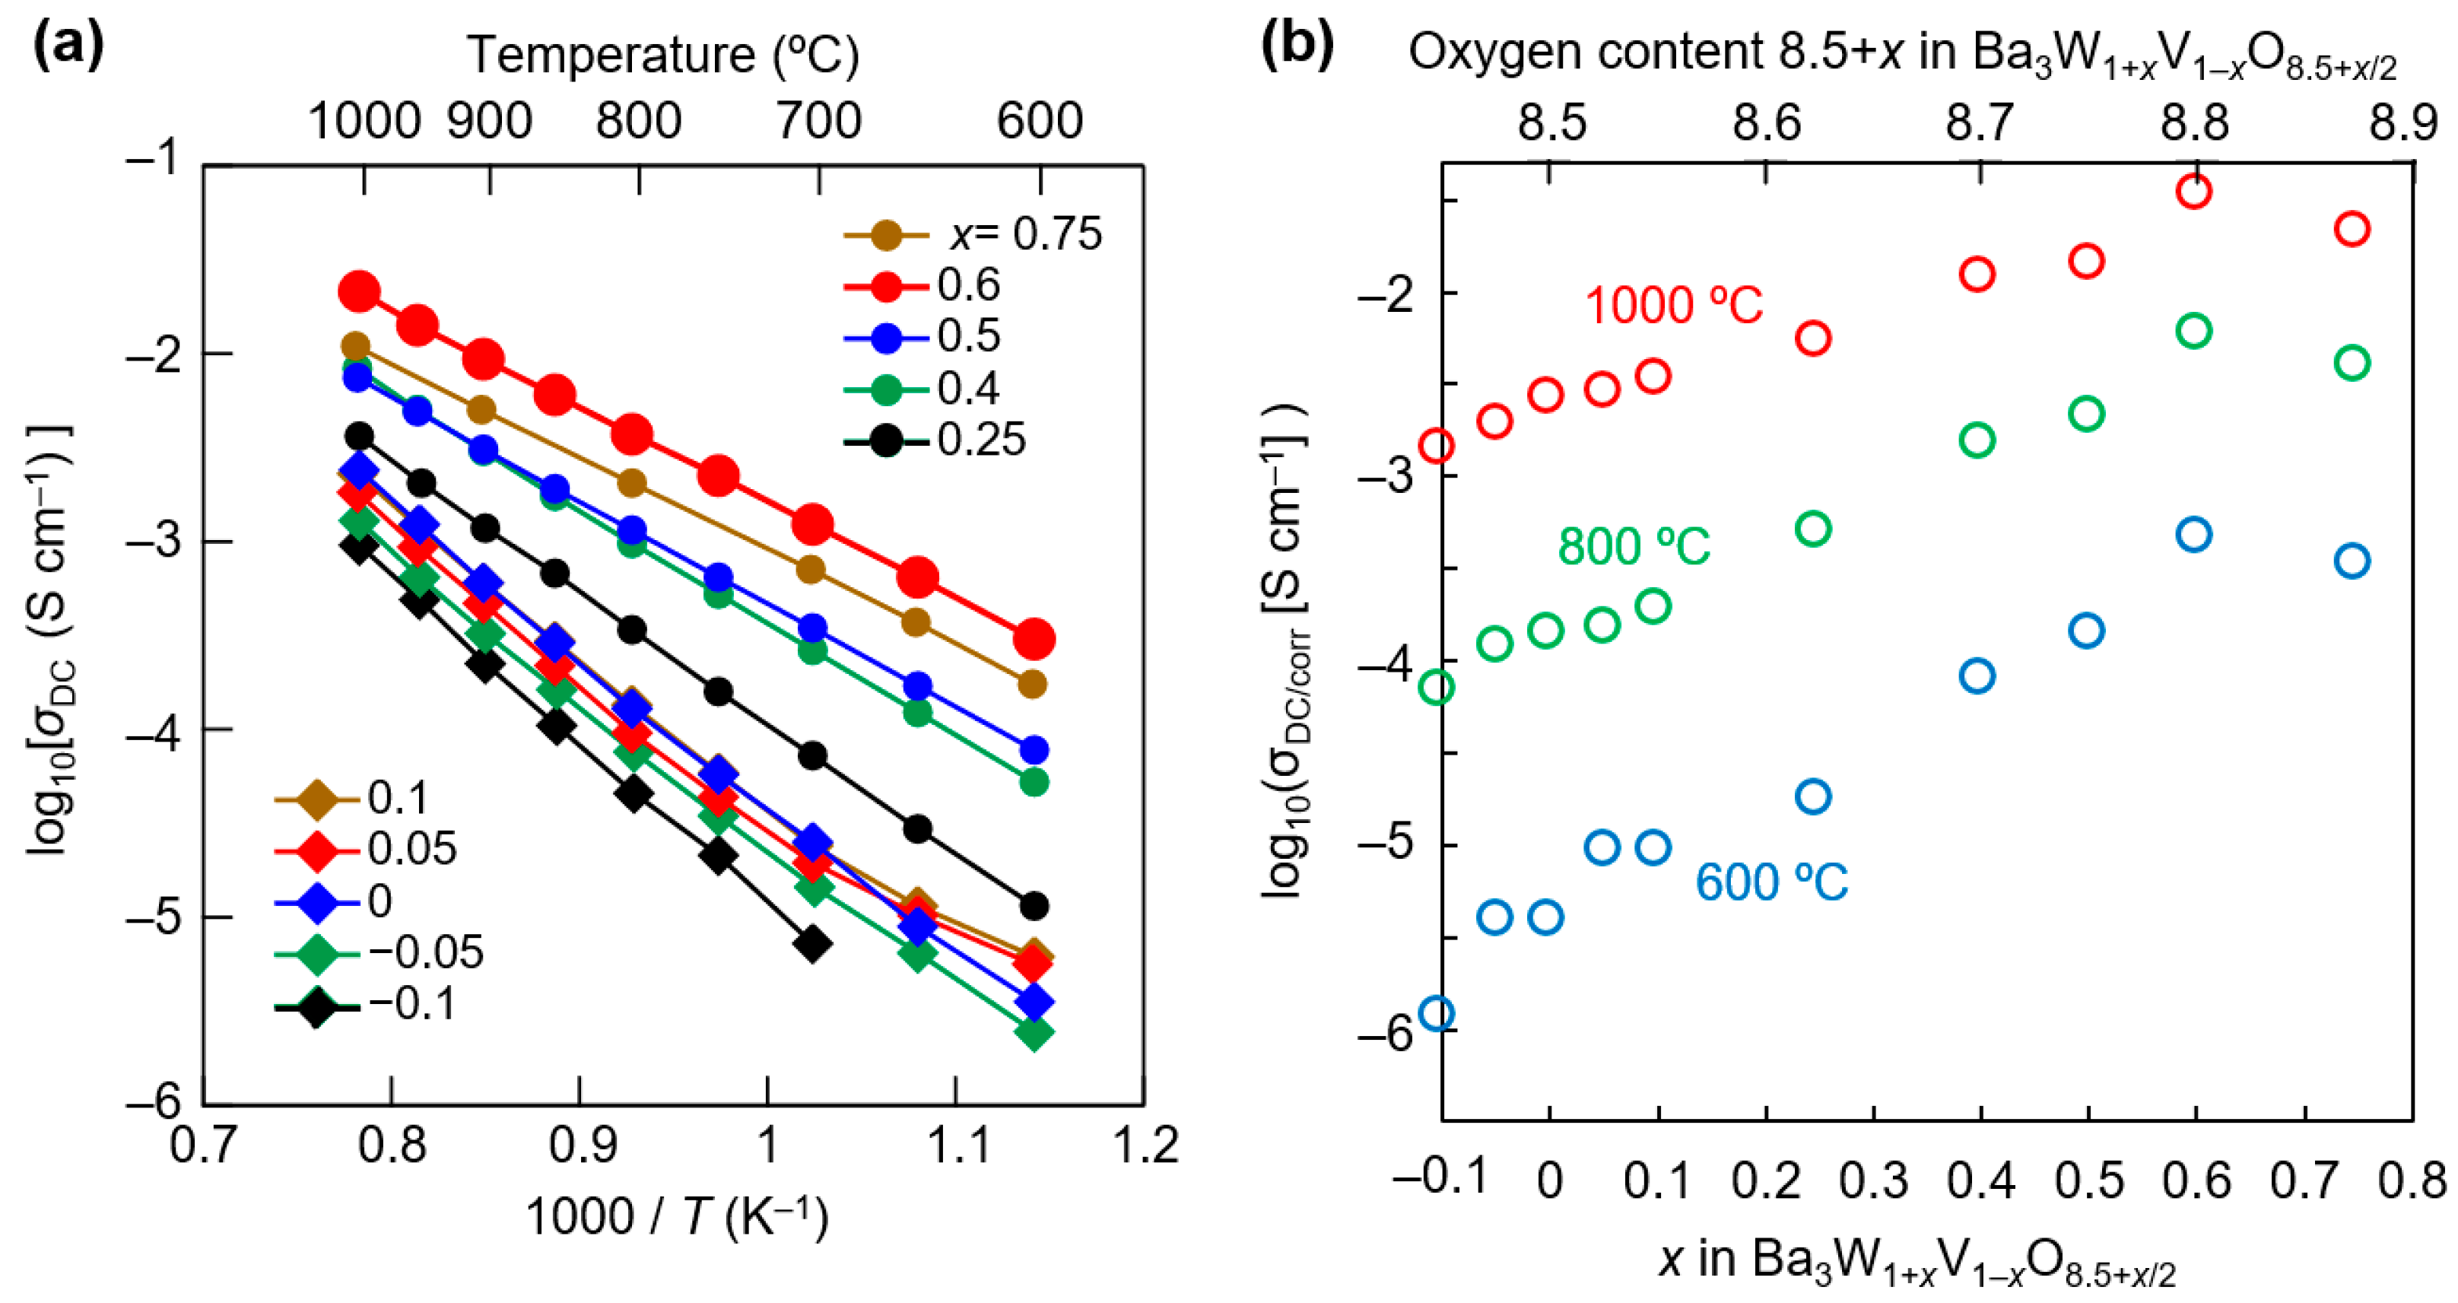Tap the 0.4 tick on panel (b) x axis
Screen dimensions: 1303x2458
coord(1981,1181)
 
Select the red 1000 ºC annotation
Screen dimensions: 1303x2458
coord(1672,307)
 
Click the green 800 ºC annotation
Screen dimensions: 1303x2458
coord(1633,547)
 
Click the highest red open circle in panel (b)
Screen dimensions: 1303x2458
coord(2195,192)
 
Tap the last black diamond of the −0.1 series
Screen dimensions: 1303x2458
coord(813,944)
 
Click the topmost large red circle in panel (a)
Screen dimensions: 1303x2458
coord(360,291)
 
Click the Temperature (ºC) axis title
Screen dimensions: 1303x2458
coord(663,56)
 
